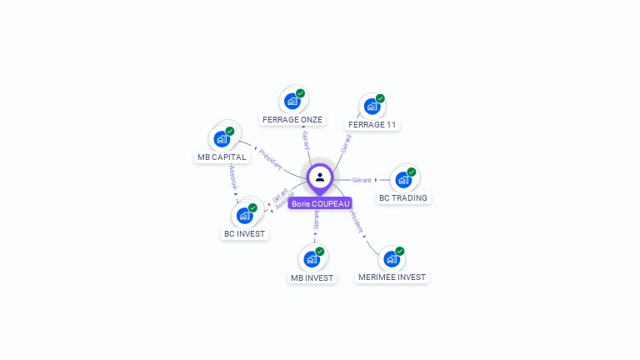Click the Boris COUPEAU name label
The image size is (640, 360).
320,203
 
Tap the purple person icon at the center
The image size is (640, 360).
320,177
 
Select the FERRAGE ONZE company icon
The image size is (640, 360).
292,101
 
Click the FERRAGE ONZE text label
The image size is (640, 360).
292,120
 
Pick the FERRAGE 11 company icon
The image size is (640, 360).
372,107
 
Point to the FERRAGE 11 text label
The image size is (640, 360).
372,125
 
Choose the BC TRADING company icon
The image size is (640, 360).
403,180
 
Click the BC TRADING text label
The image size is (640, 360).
403,198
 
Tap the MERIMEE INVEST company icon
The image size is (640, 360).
392,259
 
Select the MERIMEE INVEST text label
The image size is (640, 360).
392,277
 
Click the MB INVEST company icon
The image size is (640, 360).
312,259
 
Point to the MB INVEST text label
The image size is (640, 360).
312,277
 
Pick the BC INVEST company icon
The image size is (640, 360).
244,216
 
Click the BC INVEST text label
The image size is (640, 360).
244,234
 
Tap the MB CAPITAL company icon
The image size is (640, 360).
222,139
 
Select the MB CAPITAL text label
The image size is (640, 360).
222,157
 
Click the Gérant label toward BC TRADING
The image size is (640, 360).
362,180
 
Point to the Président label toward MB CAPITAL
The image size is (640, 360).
271,159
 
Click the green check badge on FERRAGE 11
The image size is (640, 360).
380,98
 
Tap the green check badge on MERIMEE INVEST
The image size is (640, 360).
400,251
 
